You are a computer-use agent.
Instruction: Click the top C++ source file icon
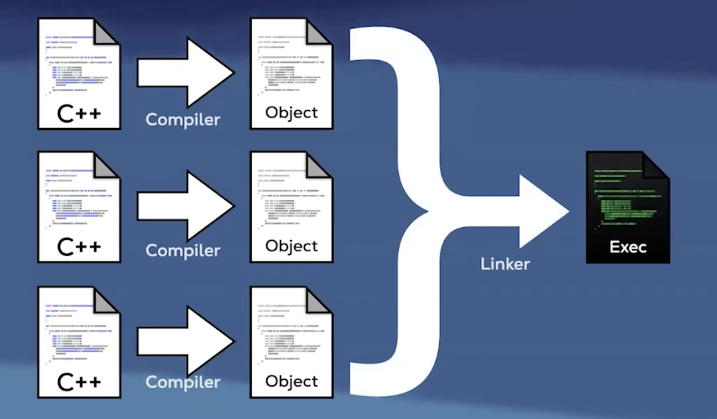[79, 74]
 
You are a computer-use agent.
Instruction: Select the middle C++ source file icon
[79, 207]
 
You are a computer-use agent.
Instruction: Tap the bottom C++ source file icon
[79, 342]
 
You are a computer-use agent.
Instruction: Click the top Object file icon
[291, 74]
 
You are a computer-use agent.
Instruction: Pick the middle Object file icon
[291, 207]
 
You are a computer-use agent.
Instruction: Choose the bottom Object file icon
[291, 342]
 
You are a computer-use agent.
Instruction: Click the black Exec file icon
[628, 207]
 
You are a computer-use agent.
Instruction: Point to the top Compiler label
[183, 120]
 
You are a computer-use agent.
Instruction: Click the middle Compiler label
[183, 251]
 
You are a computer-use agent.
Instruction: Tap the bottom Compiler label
[183, 382]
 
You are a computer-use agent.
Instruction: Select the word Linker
[505, 264]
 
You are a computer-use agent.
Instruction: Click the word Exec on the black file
[628, 247]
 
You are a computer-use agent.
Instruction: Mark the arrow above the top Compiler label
[185, 73]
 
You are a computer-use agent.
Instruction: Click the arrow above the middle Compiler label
[185, 206]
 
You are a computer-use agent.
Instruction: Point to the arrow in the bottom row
[185, 342]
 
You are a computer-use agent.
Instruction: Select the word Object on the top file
[291, 113]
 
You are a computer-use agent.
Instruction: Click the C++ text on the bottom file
[79, 382]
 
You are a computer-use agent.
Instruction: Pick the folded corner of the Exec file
[656, 165]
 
